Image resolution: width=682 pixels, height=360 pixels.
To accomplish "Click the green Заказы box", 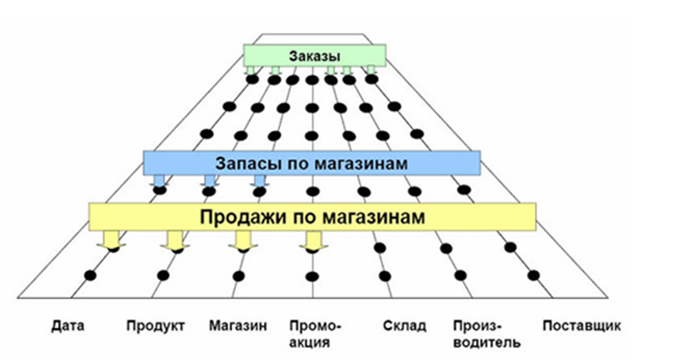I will [315, 55].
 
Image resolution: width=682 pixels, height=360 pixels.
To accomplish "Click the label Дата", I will [68, 327].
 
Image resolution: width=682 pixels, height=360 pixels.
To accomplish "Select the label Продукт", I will [156, 327].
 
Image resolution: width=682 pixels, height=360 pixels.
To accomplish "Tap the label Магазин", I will [238, 327].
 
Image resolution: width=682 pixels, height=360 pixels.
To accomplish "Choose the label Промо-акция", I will [316, 334].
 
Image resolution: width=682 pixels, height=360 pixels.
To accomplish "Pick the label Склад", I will [404, 327].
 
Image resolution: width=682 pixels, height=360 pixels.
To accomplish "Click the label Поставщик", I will [582, 327].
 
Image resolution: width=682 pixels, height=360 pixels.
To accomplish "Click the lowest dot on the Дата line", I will [90, 275].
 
